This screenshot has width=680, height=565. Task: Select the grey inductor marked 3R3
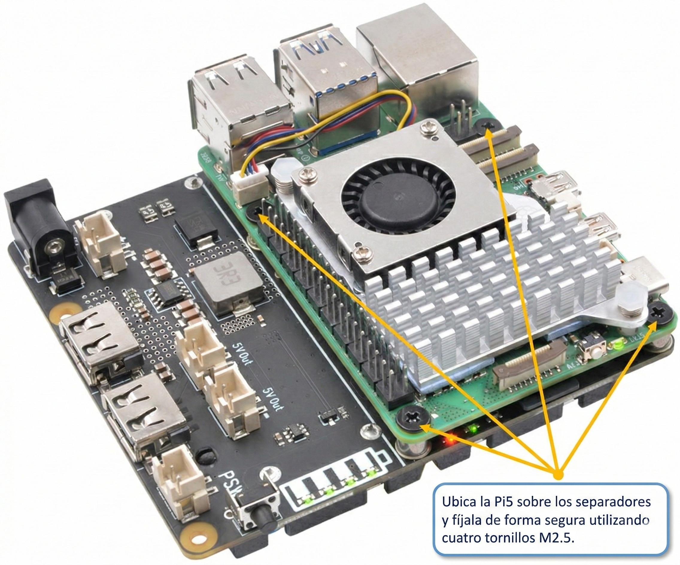click(x=227, y=282)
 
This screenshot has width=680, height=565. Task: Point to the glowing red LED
click(x=451, y=441)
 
